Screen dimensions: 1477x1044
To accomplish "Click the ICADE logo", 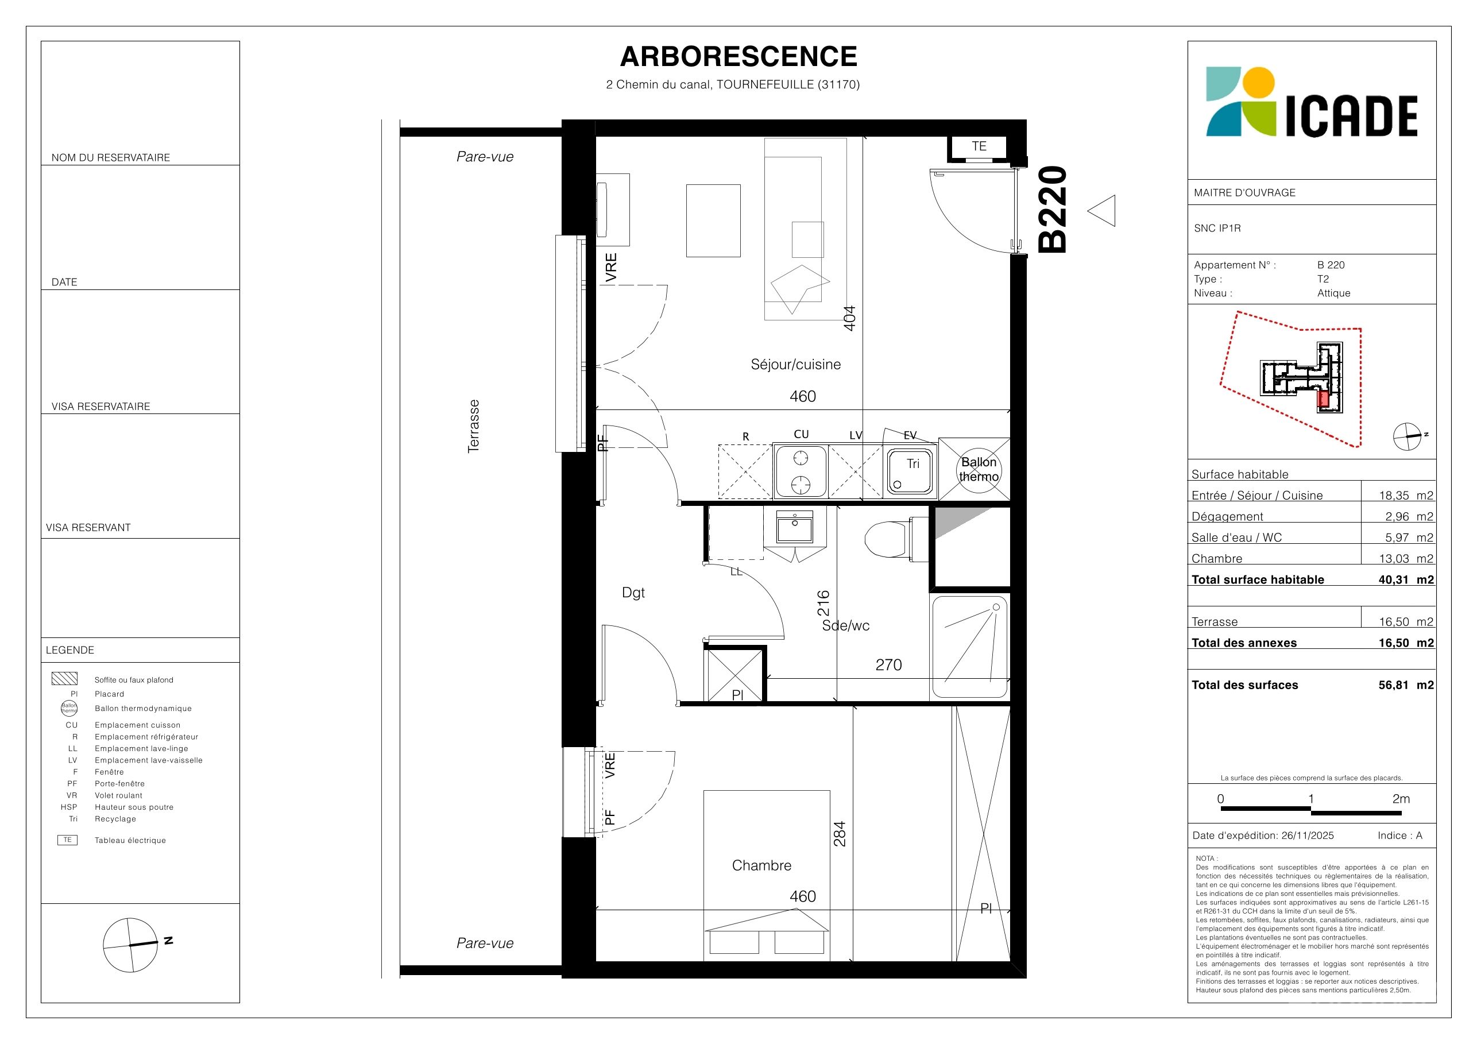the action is coord(1311,102).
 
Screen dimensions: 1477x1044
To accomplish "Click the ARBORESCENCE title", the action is coord(738,57).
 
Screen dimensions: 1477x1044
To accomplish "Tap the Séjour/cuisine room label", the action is coord(796,365).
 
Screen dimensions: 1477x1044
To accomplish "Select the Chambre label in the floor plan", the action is coord(761,865).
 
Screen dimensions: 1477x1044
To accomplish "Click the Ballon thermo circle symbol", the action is coord(979,470).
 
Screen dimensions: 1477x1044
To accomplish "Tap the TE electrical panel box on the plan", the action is coord(979,146).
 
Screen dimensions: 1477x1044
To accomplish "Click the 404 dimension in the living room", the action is coord(850,318).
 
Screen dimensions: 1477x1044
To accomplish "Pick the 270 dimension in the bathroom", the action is coord(888,664).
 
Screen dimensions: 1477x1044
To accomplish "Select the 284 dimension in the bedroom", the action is coord(840,834).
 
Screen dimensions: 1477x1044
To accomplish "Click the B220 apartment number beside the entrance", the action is coord(1053,209).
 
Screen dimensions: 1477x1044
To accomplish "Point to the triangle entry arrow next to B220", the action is coord(1101,210).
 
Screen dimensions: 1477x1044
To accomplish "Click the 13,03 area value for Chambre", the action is coord(1394,558).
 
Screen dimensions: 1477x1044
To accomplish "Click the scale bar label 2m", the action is coord(1401,799).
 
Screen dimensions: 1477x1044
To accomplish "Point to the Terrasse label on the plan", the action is coord(473,427).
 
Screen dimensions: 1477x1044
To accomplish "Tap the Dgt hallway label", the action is coord(633,593).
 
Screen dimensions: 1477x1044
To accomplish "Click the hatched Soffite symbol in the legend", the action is coord(64,679).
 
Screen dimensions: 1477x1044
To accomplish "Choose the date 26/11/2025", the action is coord(1307,836).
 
